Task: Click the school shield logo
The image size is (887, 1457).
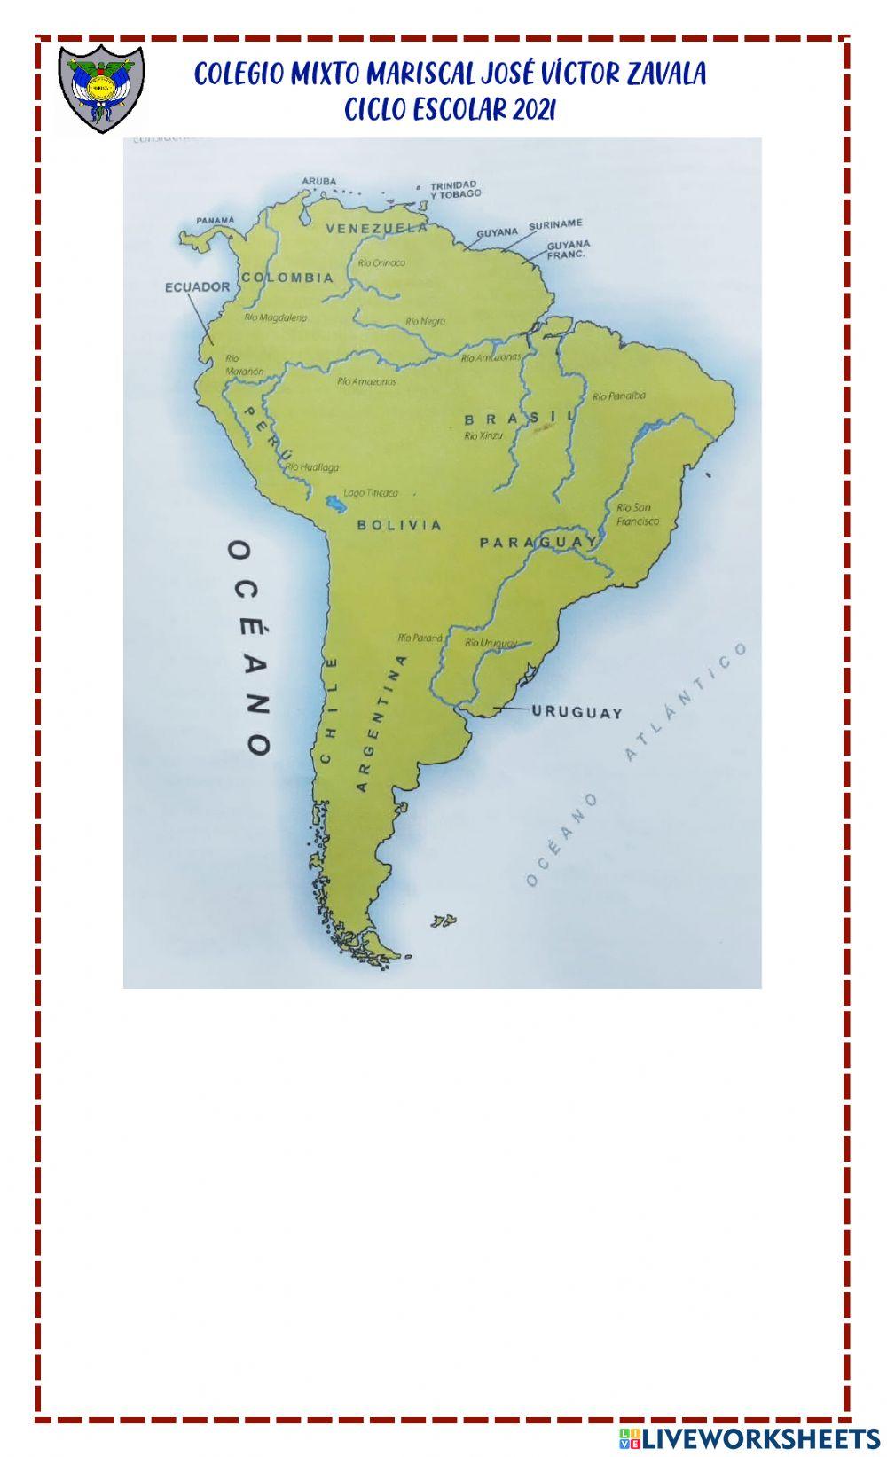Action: click(x=101, y=88)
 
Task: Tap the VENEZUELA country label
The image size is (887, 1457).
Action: click(x=376, y=228)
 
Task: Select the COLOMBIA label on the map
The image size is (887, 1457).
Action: click(x=287, y=278)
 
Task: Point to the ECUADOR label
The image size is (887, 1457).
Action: click(x=197, y=286)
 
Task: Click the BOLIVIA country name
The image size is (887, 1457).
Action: click(x=399, y=525)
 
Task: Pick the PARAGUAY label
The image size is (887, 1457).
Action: click(x=538, y=542)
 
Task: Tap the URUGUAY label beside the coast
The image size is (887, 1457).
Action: click(x=577, y=711)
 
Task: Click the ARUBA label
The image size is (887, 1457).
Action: click(x=319, y=181)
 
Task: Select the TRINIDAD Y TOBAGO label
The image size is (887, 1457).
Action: click(x=455, y=189)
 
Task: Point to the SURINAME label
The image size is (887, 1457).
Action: click(x=555, y=224)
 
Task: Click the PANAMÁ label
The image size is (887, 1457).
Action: click(x=216, y=220)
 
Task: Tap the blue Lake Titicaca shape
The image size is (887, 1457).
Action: click(x=336, y=505)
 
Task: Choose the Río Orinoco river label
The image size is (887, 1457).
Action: click(x=381, y=262)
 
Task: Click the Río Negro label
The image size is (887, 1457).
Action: click(x=425, y=321)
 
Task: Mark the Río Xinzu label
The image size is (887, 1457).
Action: click(x=483, y=435)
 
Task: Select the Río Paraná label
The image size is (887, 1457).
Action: click(x=420, y=637)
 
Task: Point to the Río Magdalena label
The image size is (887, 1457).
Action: click(x=275, y=317)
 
